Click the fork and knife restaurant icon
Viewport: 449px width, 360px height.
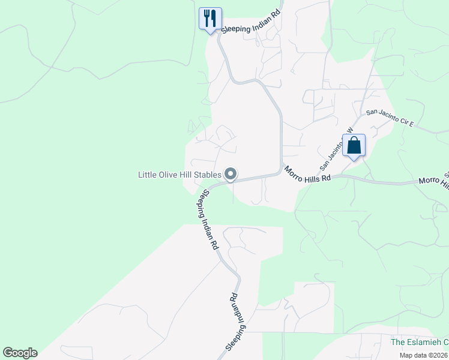210,18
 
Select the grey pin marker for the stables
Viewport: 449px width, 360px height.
231,175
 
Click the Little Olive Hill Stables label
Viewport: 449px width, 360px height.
180,175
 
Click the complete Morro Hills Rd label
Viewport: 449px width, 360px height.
307,175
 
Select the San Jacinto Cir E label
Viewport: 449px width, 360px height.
390,118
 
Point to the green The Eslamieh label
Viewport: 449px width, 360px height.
419,343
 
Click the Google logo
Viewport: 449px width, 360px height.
20,353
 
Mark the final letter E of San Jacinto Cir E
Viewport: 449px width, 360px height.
412,124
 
